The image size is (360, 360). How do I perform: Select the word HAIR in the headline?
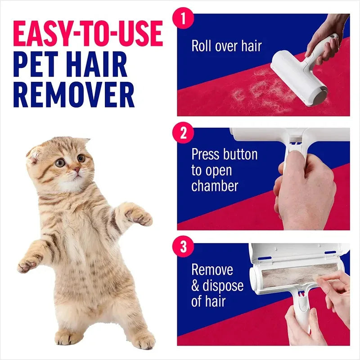pyautogui.click(x=101, y=65)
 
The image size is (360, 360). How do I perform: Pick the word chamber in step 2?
pyautogui.click(x=215, y=186)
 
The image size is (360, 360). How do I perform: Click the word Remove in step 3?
pyautogui.click(x=212, y=270)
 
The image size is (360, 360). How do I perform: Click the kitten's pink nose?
pyautogui.click(x=77, y=170)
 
